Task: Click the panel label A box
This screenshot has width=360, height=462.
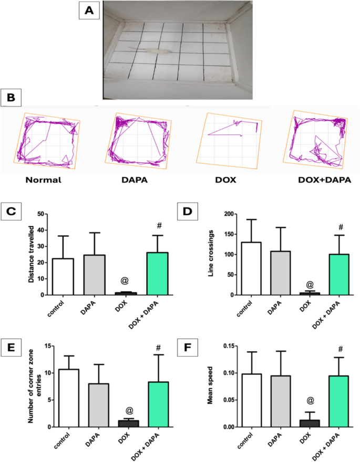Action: point(89,11)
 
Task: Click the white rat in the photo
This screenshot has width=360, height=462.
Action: point(157,51)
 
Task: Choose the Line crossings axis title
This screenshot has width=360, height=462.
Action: point(214,255)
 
